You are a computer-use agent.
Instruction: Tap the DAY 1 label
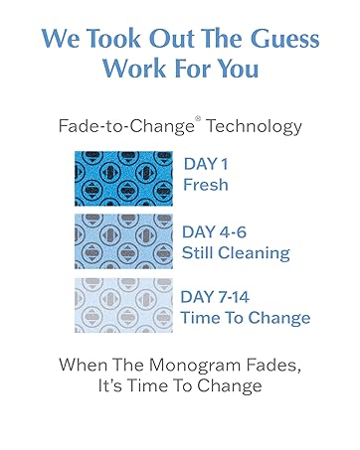[207, 165]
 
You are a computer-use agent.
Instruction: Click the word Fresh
[206, 186]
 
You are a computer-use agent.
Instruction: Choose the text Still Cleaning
[235, 252]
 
